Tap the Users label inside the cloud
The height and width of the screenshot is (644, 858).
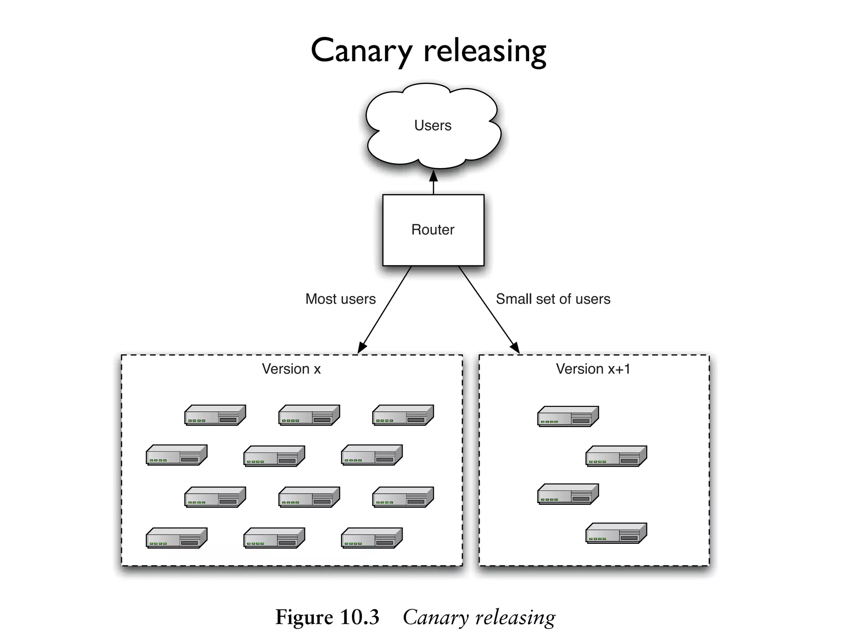[433, 125]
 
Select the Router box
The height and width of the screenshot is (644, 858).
[433, 230]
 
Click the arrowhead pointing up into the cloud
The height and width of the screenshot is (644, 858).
[434, 176]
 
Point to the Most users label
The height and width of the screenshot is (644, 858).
[340, 299]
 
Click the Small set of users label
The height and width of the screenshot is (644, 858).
[553, 299]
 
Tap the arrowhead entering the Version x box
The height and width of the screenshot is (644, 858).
[362, 348]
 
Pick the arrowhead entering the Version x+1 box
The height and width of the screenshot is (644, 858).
[515, 348]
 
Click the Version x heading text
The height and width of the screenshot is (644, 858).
[291, 369]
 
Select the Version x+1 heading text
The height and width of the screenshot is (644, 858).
[593, 369]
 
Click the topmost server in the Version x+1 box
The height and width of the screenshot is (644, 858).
[568, 416]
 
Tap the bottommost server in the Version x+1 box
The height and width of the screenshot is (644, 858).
[616, 533]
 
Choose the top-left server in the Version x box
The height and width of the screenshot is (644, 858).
[215, 415]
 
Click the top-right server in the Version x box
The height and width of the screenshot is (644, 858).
[403, 415]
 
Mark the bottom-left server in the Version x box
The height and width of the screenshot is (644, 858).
[176, 538]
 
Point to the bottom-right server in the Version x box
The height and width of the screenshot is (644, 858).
[372, 538]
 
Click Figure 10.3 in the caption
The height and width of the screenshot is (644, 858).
[327, 617]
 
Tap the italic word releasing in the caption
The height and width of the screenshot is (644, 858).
[515, 617]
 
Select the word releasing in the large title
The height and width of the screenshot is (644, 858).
[485, 51]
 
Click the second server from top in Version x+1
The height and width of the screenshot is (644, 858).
[616, 456]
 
